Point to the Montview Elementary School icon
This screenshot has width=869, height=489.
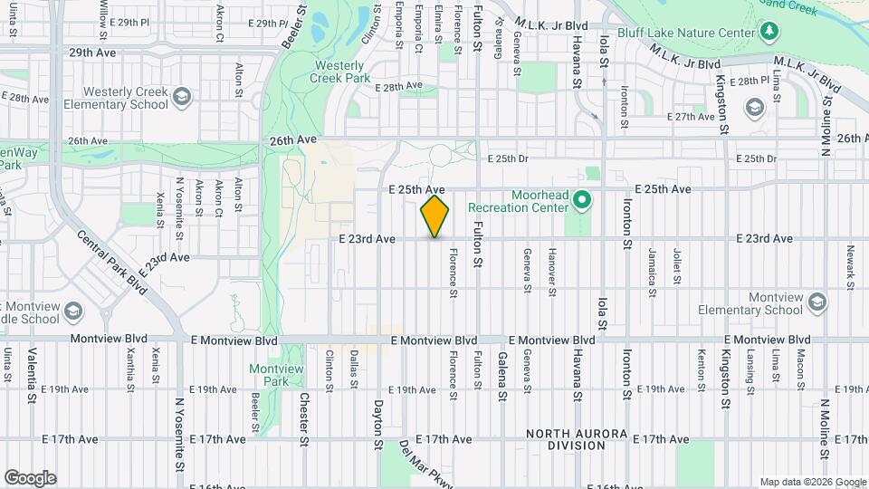pos(817,302)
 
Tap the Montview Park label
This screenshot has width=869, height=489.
pos(270,375)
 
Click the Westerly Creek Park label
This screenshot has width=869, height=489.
pos(340,72)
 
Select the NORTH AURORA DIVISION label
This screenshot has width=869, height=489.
pos(578,440)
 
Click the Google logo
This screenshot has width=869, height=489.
pos(30,477)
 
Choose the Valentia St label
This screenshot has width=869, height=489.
pos(32,375)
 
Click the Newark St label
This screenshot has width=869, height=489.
pos(850,267)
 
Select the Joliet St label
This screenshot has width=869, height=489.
pos(675,261)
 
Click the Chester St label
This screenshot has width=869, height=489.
pos(305,413)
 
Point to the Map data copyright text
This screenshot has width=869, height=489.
pos(812,482)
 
